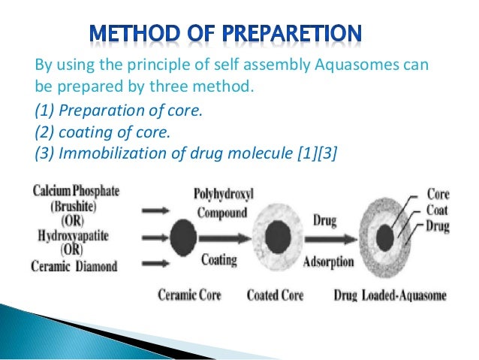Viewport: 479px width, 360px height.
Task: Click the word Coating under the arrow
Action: (x=219, y=260)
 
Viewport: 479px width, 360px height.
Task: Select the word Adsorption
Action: (x=325, y=262)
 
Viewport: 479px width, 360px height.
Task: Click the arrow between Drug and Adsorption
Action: (x=325, y=241)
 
